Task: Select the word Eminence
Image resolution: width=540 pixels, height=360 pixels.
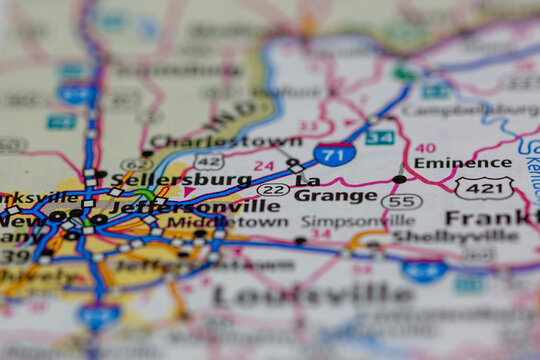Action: (x=448, y=162)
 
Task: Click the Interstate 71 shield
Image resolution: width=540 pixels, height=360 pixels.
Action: (x=333, y=155)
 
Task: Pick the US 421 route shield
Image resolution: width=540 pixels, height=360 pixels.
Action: (x=484, y=187)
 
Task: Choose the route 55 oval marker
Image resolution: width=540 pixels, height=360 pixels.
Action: (x=401, y=201)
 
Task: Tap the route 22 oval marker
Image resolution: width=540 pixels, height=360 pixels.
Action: (x=273, y=189)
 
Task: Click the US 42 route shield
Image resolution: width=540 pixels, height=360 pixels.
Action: (x=209, y=162)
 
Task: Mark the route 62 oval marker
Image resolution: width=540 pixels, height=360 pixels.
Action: (x=137, y=164)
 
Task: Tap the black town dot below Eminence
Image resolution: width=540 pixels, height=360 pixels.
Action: (x=400, y=179)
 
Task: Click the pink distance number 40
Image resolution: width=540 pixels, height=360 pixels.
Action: (x=425, y=147)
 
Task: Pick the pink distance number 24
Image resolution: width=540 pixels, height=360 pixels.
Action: (x=263, y=166)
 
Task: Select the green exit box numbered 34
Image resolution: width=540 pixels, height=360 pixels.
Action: (x=379, y=138)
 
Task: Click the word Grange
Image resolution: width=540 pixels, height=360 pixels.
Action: (x=335, y=195)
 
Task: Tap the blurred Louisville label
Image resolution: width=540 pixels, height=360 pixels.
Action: (x=312, y=294)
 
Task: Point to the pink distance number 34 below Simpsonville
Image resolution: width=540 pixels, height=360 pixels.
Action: (x=320, y=234)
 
